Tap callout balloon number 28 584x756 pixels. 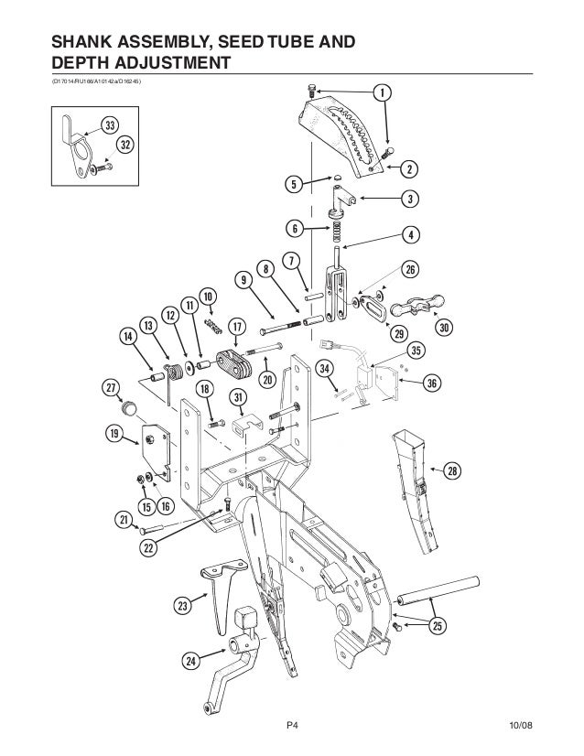click(451, 471)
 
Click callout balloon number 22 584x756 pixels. click(147, 547)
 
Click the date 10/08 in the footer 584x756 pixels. click(520, 726)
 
